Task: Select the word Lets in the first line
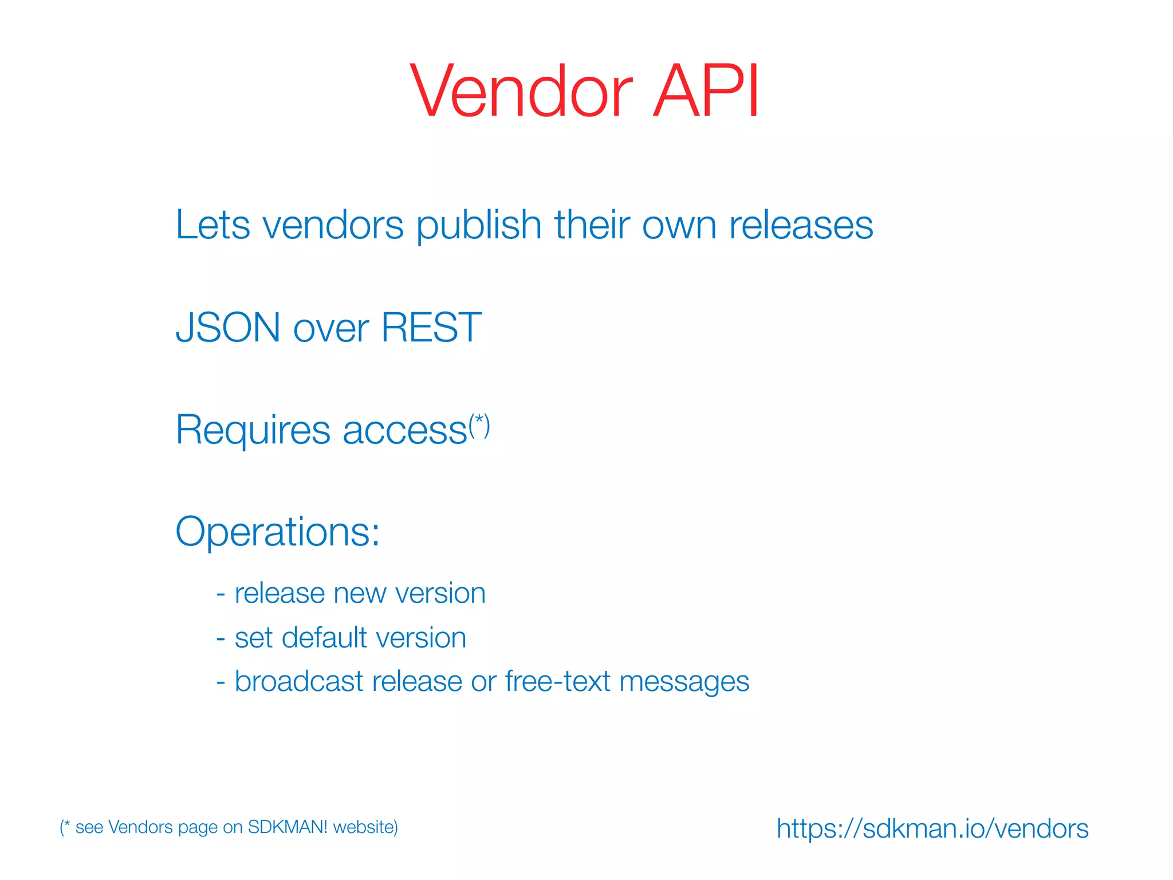pyautogui.click(x=212, y=225)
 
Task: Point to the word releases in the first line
pyautogui.click(x=801, y=225)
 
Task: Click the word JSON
pyautogui.click(x=228, y=328)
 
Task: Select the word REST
pyautogui.click(x=431, y=328)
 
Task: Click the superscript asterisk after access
pyautogui.click(x=479, y=423)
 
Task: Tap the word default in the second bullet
pyautogui.click(x=324, y=638)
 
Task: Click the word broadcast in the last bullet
pyautogui.click(x=299, y=682)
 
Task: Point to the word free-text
pyautogui.click(x=557, y=682)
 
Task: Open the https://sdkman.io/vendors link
pyautogui.click(x=932, y=829)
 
